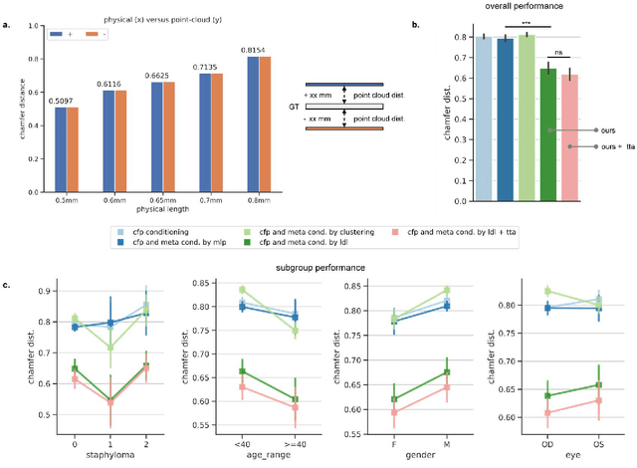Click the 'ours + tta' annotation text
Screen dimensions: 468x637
(615, 147)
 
